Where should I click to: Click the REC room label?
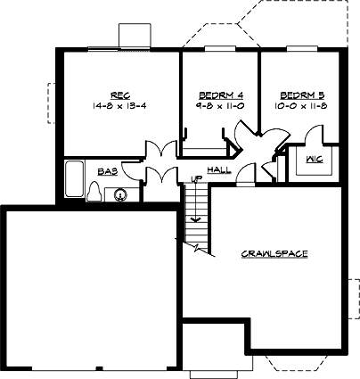pos(121,95)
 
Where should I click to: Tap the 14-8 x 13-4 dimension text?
pos(120,105)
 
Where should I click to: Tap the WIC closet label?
pos(314,161)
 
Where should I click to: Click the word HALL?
pos(218,169)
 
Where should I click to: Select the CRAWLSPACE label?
pos(274,254)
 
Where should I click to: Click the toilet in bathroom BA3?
pos(95,192)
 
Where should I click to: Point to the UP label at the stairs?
pos(197,181)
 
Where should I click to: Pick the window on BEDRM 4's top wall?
pos(219,48)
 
